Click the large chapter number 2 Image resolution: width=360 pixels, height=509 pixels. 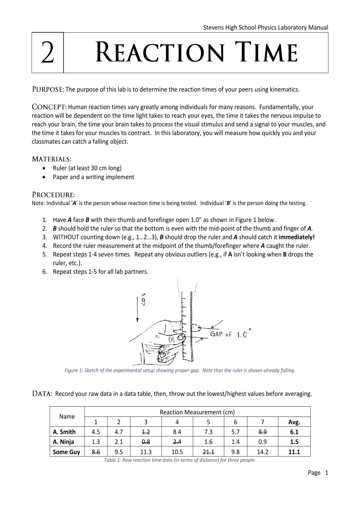pyautogui.click(x=48, y=53)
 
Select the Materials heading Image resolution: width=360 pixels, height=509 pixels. pyautogui.click(x=51, y=159)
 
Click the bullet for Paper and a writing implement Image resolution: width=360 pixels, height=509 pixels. pyautogui.click(x=44, y=177)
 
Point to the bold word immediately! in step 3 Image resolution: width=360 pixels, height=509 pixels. pyautogui.click(x=296, y=237)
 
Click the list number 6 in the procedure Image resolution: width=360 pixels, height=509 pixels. pyautogui.click(x=45, y=272)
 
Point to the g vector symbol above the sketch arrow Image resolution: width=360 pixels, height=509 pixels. pyautogui.click(x=143, y=299)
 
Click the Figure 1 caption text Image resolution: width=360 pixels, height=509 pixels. pyautogui.click(x=180, y=370)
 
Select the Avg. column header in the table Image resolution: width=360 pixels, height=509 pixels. pyautogui.click(x=294, y=422)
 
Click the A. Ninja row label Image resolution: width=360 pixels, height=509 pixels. pyautogui.click(x=64, y=442)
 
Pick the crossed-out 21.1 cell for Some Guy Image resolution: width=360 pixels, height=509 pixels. pyautogui.click(x=208, y=452)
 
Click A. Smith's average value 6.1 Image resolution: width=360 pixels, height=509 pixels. pyautogui.click(x=294, y=432)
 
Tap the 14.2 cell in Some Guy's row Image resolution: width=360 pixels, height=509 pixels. pyautogui.click(x=262, y=452)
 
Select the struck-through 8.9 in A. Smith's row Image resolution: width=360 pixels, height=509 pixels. pyautogui.click(x=262, y=432)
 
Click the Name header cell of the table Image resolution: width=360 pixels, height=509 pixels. pyautogui.click(x=67, y=416)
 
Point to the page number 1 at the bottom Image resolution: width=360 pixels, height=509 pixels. pyautogui.click(x=327, y=473)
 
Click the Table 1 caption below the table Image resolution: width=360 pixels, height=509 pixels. pyautogui.click(x=180, y=460)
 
